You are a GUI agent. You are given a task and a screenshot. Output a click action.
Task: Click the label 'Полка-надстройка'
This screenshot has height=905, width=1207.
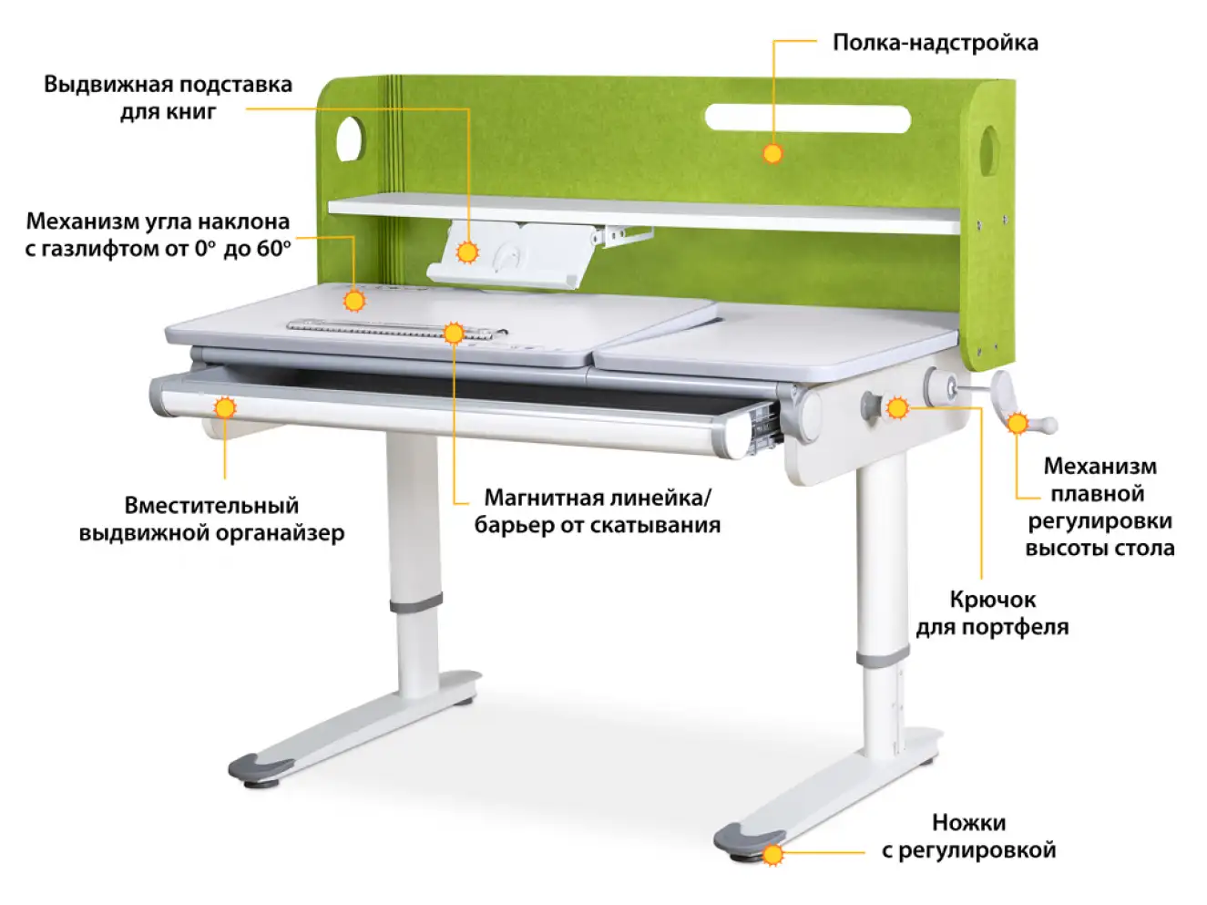click(x=935, y=43)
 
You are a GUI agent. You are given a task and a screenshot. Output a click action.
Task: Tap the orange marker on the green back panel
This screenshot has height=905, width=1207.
click(x=772, y=153)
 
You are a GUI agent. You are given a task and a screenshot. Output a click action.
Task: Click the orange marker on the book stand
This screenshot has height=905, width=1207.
click(x=468, y=252)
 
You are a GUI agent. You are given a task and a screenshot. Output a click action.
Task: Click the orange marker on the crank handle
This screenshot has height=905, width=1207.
click(x=1018, y=423)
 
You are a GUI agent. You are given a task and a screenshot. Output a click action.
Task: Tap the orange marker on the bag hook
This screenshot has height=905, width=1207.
click(x=897, y=408)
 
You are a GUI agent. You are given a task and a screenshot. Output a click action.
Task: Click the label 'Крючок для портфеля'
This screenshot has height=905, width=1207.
click(x=992, y=612)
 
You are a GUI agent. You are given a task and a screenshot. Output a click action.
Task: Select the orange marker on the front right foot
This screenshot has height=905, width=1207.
click(x=772, y=855)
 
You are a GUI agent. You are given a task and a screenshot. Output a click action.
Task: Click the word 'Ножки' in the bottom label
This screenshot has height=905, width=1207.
click(x=968, y=823)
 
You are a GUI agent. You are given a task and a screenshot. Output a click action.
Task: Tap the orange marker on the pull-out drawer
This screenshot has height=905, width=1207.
click(x=225, y=407)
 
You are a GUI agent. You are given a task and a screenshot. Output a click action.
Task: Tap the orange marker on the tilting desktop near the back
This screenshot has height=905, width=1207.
click(x=354, y=299)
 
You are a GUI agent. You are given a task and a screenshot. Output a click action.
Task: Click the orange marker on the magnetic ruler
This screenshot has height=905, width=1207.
click(x=453, y=333)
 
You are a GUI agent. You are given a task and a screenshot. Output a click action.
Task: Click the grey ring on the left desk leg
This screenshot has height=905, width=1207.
click(x=416, y=603)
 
